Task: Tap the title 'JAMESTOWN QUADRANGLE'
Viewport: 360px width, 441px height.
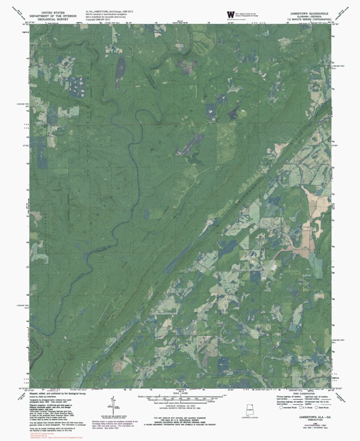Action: tap(310, 12)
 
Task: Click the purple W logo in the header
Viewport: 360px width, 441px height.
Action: tap(224, 15)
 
